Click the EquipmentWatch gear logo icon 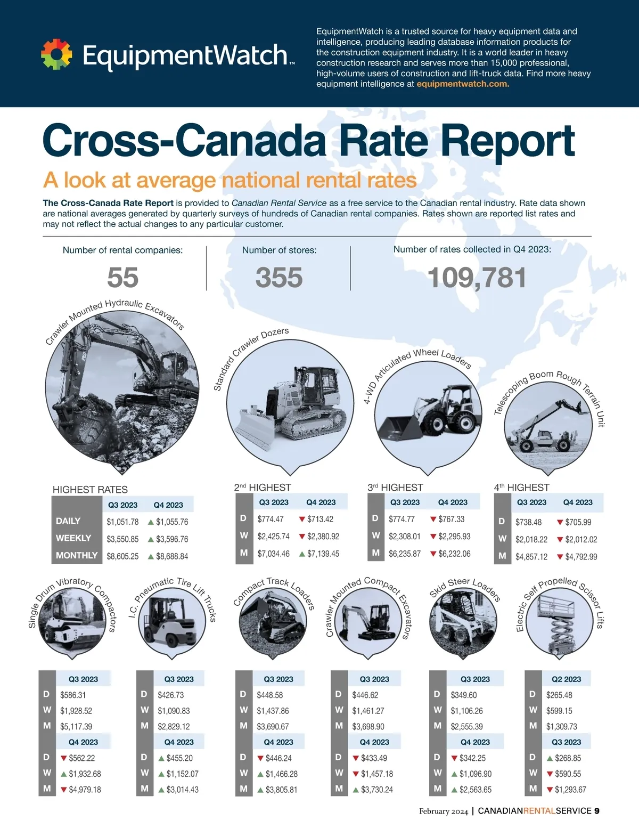[x=56, y=54]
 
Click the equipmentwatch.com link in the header [x=463, y=84]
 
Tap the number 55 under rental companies [x=122, y=278]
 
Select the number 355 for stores [x=279, y=278]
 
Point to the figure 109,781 [x=477, y=278]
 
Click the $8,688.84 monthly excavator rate [x=172, y=556]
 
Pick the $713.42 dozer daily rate [x=320, y=519]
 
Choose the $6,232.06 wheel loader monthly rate [x=454, y=554]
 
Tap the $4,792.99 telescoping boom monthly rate [x=581, y=557]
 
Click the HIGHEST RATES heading [x=90, y=490]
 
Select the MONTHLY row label [x=77, y=555]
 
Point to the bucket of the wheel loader [x=397, y=427]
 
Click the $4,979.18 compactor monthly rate [x=85, y=790]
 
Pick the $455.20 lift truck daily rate [x=179, y=758]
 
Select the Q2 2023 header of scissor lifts [x=566, y=679]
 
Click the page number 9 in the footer [x=597, y=811]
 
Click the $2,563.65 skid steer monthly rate [x=476, y=790]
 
